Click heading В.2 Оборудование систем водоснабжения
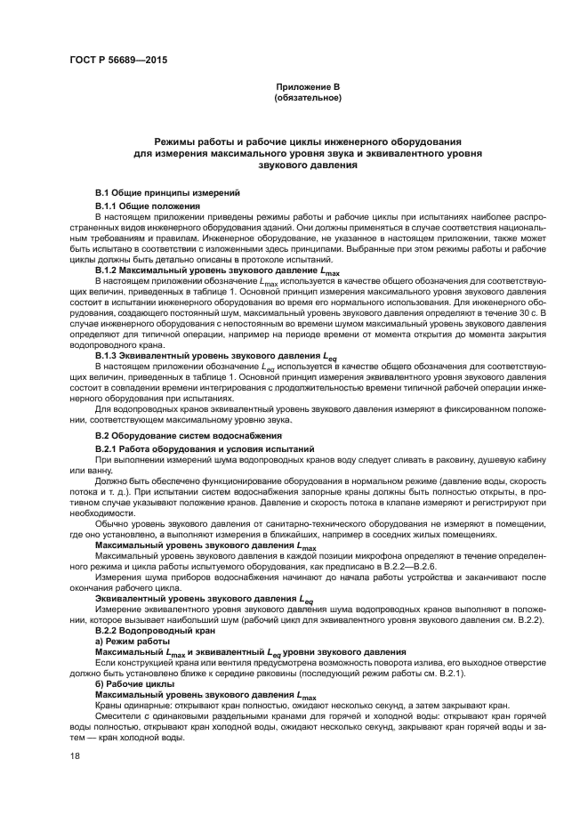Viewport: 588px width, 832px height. click(x=188, y=435)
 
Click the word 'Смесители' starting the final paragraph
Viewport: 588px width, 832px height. click(x=120, y=719)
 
